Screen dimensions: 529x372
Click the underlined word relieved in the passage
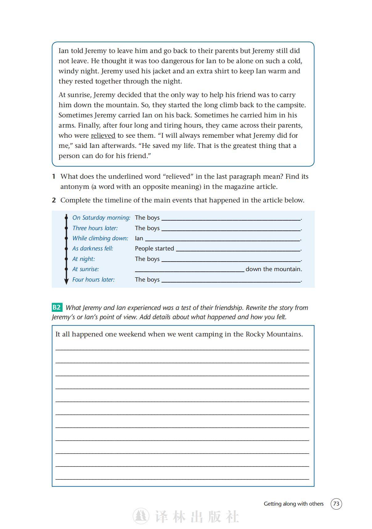click(x=103, y=136)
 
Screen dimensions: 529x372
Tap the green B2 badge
click(x=57, y=307)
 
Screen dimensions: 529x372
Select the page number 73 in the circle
click(x=336, y=504)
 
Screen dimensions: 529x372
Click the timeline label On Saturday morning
click(x=101, y=218)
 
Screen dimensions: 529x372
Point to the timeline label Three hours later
click(x=95, y=228)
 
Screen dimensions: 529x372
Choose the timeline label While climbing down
click(x=100, y=238)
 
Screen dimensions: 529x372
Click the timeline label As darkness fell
click(x=92, y=248)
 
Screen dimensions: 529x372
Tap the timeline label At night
click(x=84, y=259)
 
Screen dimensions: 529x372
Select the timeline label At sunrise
click(x=85, y=269)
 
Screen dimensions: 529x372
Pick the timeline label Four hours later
click(x=93, y=279)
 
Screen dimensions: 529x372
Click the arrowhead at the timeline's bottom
click(x=66, y=282)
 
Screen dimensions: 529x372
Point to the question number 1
click(x=54, y=177)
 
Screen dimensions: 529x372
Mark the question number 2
click(x=54, y=200)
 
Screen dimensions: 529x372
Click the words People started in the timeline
click(x=154, y=248)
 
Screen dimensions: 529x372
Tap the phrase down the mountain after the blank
click(x=273, y=269)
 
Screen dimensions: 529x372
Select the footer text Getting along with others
click(x=293, y=504)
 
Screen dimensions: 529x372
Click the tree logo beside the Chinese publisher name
click(x=141, y=516)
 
